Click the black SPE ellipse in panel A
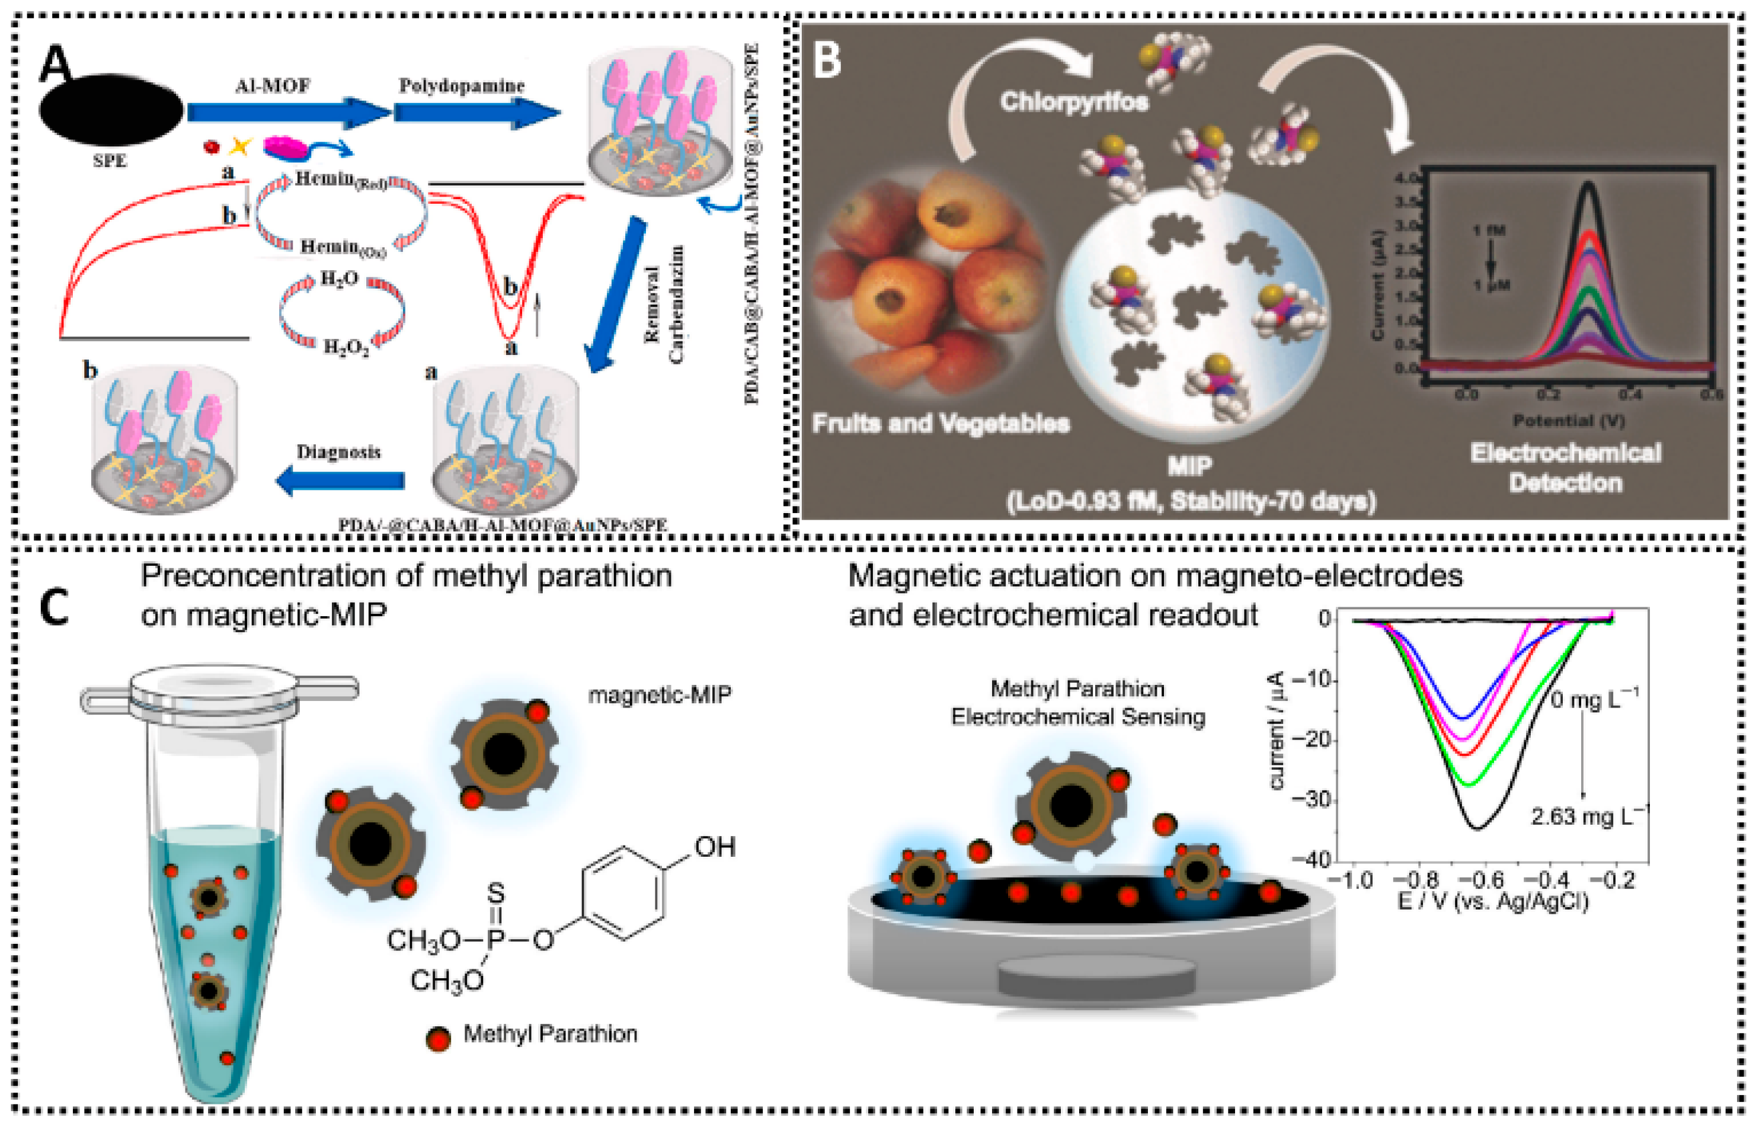point(111,110)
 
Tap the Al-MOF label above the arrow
point(272,86)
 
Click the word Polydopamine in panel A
point(461,86)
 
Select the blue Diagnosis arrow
point(340,479)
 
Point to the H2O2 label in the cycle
point(346,346)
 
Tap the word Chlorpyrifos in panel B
point(1073,102)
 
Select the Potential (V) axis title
point(1568,421)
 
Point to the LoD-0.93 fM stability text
point(1191,502)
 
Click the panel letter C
point(54,607)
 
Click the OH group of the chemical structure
point(714,847)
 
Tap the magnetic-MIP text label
point(659,694)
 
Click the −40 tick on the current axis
point(1310,860)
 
